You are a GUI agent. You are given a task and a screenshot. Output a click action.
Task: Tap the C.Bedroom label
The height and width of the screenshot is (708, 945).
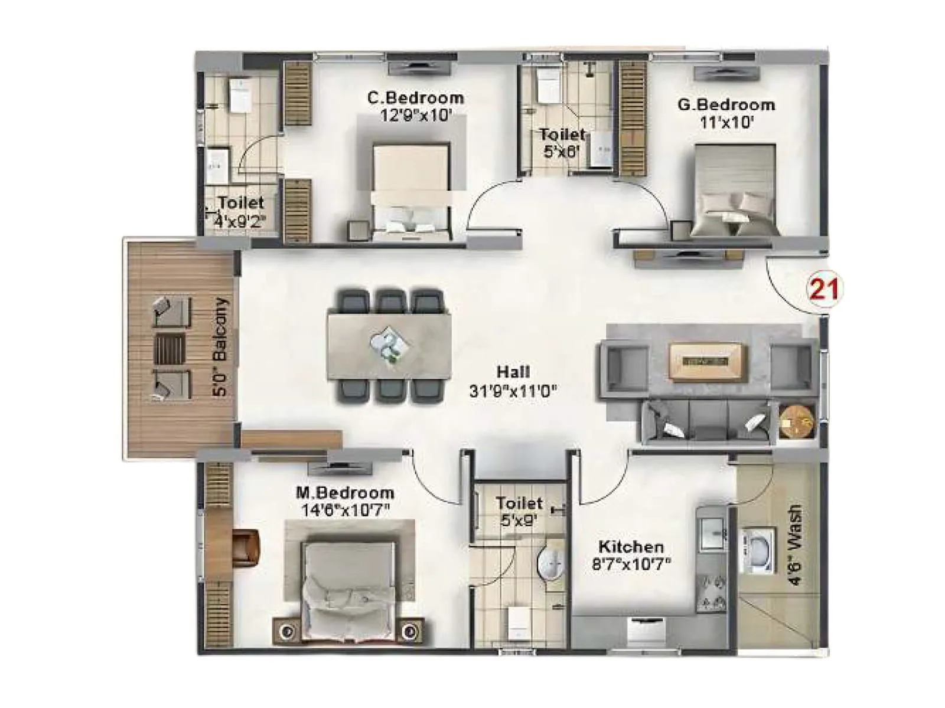pyautogui.click(x=415, y=97)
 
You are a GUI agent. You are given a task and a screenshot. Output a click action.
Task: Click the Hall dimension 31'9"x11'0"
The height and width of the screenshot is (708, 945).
pyautogui.click(x=513, y=391)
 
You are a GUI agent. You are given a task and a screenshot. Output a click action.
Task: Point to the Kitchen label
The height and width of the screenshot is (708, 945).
pyautogui.click(x=631, y=546)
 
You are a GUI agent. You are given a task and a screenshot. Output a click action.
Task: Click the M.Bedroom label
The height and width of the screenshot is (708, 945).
pyautogui.click(x=345, y=493)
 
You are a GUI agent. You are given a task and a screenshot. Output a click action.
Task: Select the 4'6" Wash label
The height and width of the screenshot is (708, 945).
pyautogui.click(x=796, y=544)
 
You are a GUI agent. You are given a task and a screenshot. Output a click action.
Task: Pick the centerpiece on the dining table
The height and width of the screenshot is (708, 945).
pyautogui.click(x=389, y=344)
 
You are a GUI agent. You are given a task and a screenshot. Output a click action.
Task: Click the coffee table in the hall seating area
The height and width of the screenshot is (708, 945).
pyautogui.click(x=708, y=360)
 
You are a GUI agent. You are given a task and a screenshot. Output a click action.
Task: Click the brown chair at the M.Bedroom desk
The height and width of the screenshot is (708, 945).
pyautogui.click(x=246, y=547)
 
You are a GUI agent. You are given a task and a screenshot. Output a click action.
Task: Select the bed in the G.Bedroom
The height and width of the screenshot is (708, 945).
pyautogui.click(x=735, y=192)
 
